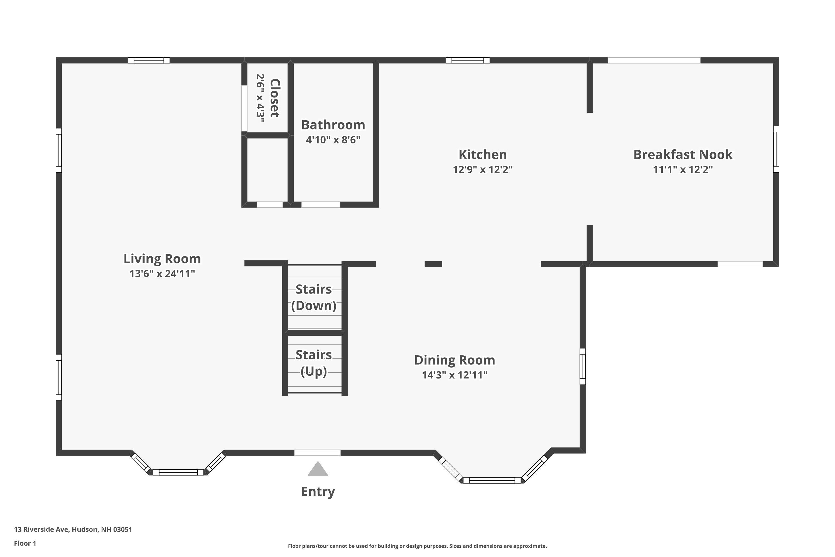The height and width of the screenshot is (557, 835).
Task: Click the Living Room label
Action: point(162,259)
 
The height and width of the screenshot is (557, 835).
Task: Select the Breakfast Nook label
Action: point(683,155)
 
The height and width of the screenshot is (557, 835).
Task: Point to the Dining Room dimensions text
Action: point(455,375)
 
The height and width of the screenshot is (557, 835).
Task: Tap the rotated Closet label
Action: point(275,98)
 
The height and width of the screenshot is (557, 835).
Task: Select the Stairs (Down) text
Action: point(314,297)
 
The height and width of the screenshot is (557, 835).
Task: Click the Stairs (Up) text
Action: point(314,363)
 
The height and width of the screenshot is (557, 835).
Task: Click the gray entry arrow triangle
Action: point(318,470)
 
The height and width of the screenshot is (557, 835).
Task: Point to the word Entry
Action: point(318,492)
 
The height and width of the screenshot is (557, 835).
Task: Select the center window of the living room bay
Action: point(178,472)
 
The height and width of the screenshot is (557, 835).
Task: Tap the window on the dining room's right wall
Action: point(583,366)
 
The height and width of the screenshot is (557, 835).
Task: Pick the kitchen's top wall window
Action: point(468,60)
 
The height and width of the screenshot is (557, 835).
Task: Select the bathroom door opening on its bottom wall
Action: point(321,205)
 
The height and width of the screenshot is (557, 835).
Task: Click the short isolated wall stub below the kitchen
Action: point(433,264)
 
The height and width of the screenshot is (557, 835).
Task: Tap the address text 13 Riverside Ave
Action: point(73,529)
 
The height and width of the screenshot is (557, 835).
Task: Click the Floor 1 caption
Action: point(25,543)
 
